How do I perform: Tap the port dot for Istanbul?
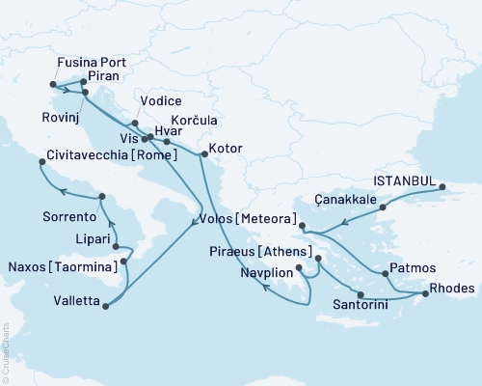pos(442,187)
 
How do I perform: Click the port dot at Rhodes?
pos(425,292)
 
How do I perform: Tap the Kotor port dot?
pos(203,154)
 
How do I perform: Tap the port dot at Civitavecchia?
pos(41,163)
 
